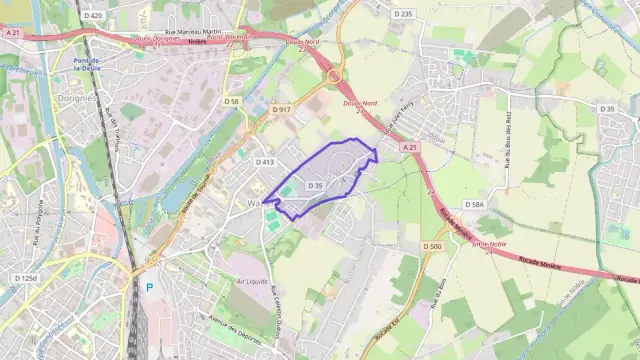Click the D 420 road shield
point(94,16)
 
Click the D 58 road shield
point(232,101)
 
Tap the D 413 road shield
point(264,162)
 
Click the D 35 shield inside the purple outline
point(316,185)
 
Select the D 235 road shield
point(403,14)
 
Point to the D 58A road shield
point(474,204)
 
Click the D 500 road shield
point(432,246)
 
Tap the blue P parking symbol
point(150,287)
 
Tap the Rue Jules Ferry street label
point(399,123)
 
